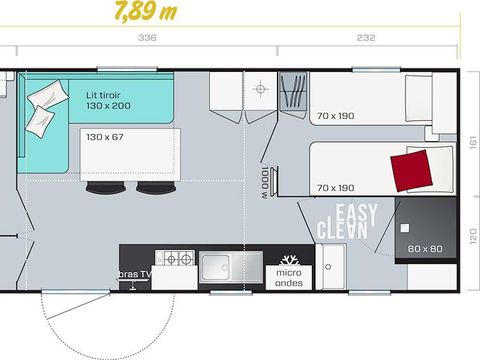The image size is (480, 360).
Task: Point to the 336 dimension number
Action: pos(147,40)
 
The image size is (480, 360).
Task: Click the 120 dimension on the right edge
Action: pos(470,240)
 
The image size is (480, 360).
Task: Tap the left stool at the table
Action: pos(101,187)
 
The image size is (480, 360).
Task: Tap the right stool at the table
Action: pos(151,187)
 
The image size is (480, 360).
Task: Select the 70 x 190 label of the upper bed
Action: pos(335,117)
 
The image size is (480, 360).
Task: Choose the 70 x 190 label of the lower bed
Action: pos(335,187)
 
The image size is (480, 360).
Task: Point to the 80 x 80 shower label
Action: pos(424,247)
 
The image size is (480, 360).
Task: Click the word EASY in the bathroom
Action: pos(351,212)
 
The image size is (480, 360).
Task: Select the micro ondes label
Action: pos(289,277)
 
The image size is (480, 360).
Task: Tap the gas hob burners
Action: pos(178,260)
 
